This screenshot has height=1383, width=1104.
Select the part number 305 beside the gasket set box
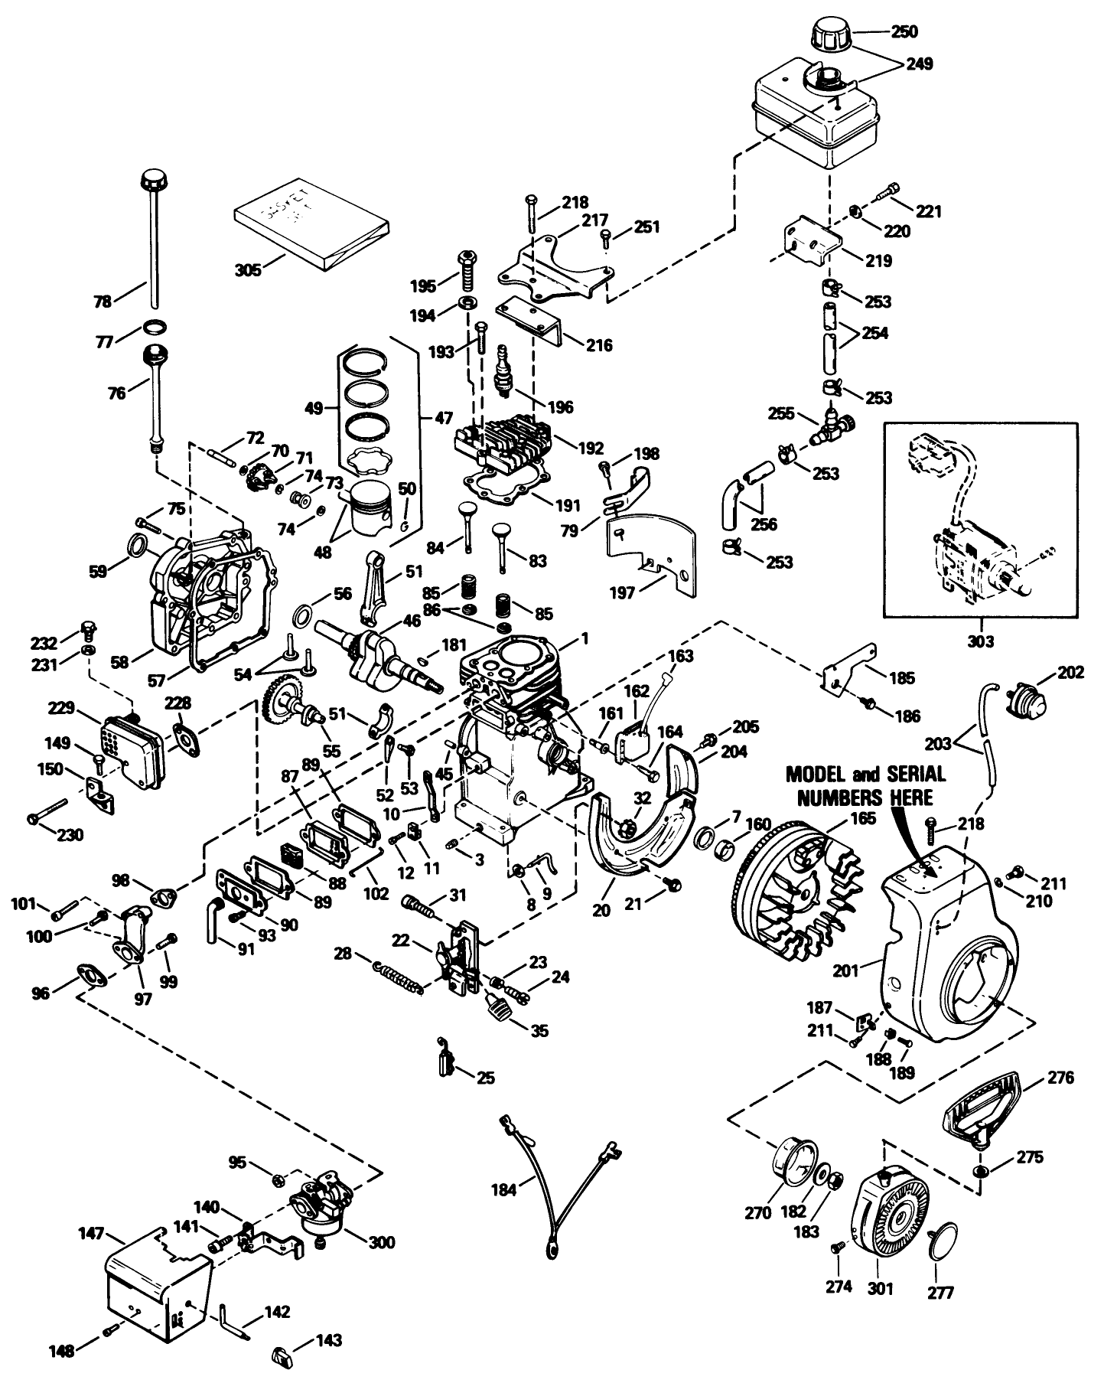coord(248,269)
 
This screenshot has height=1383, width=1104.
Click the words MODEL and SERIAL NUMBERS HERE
coord(866,785)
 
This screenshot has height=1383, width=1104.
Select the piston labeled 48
coord(368,510)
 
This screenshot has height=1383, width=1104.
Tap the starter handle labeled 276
coord(981,1109)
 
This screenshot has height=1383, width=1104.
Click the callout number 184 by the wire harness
coord(506,1189)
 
